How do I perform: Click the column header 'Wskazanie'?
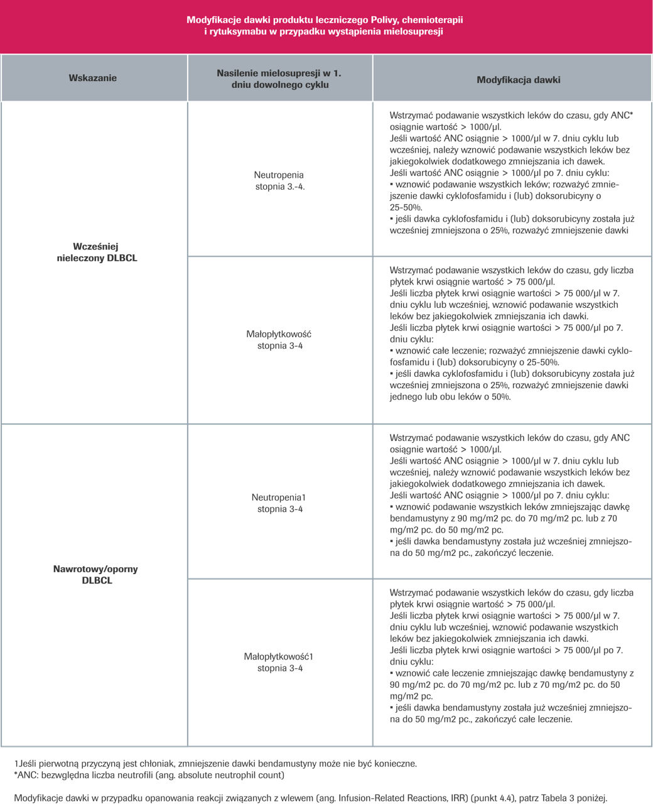(92, 79)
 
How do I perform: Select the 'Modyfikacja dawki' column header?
(518, 80)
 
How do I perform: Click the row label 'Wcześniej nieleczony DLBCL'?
(96, 253)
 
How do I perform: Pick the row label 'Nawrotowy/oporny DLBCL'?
(96, 575)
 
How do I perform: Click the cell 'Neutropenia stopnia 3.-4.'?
(279, 181)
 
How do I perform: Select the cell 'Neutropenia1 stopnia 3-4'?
(279, 503)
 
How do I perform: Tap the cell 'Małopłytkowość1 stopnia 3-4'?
(279, 663)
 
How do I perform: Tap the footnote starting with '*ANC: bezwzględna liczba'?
(149, 775)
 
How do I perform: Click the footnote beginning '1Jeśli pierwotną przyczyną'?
(215, 764)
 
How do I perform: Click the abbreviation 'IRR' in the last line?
(467, 798)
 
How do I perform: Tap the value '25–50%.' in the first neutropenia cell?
(406, 207)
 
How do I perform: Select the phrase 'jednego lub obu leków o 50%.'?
(450, 397)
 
